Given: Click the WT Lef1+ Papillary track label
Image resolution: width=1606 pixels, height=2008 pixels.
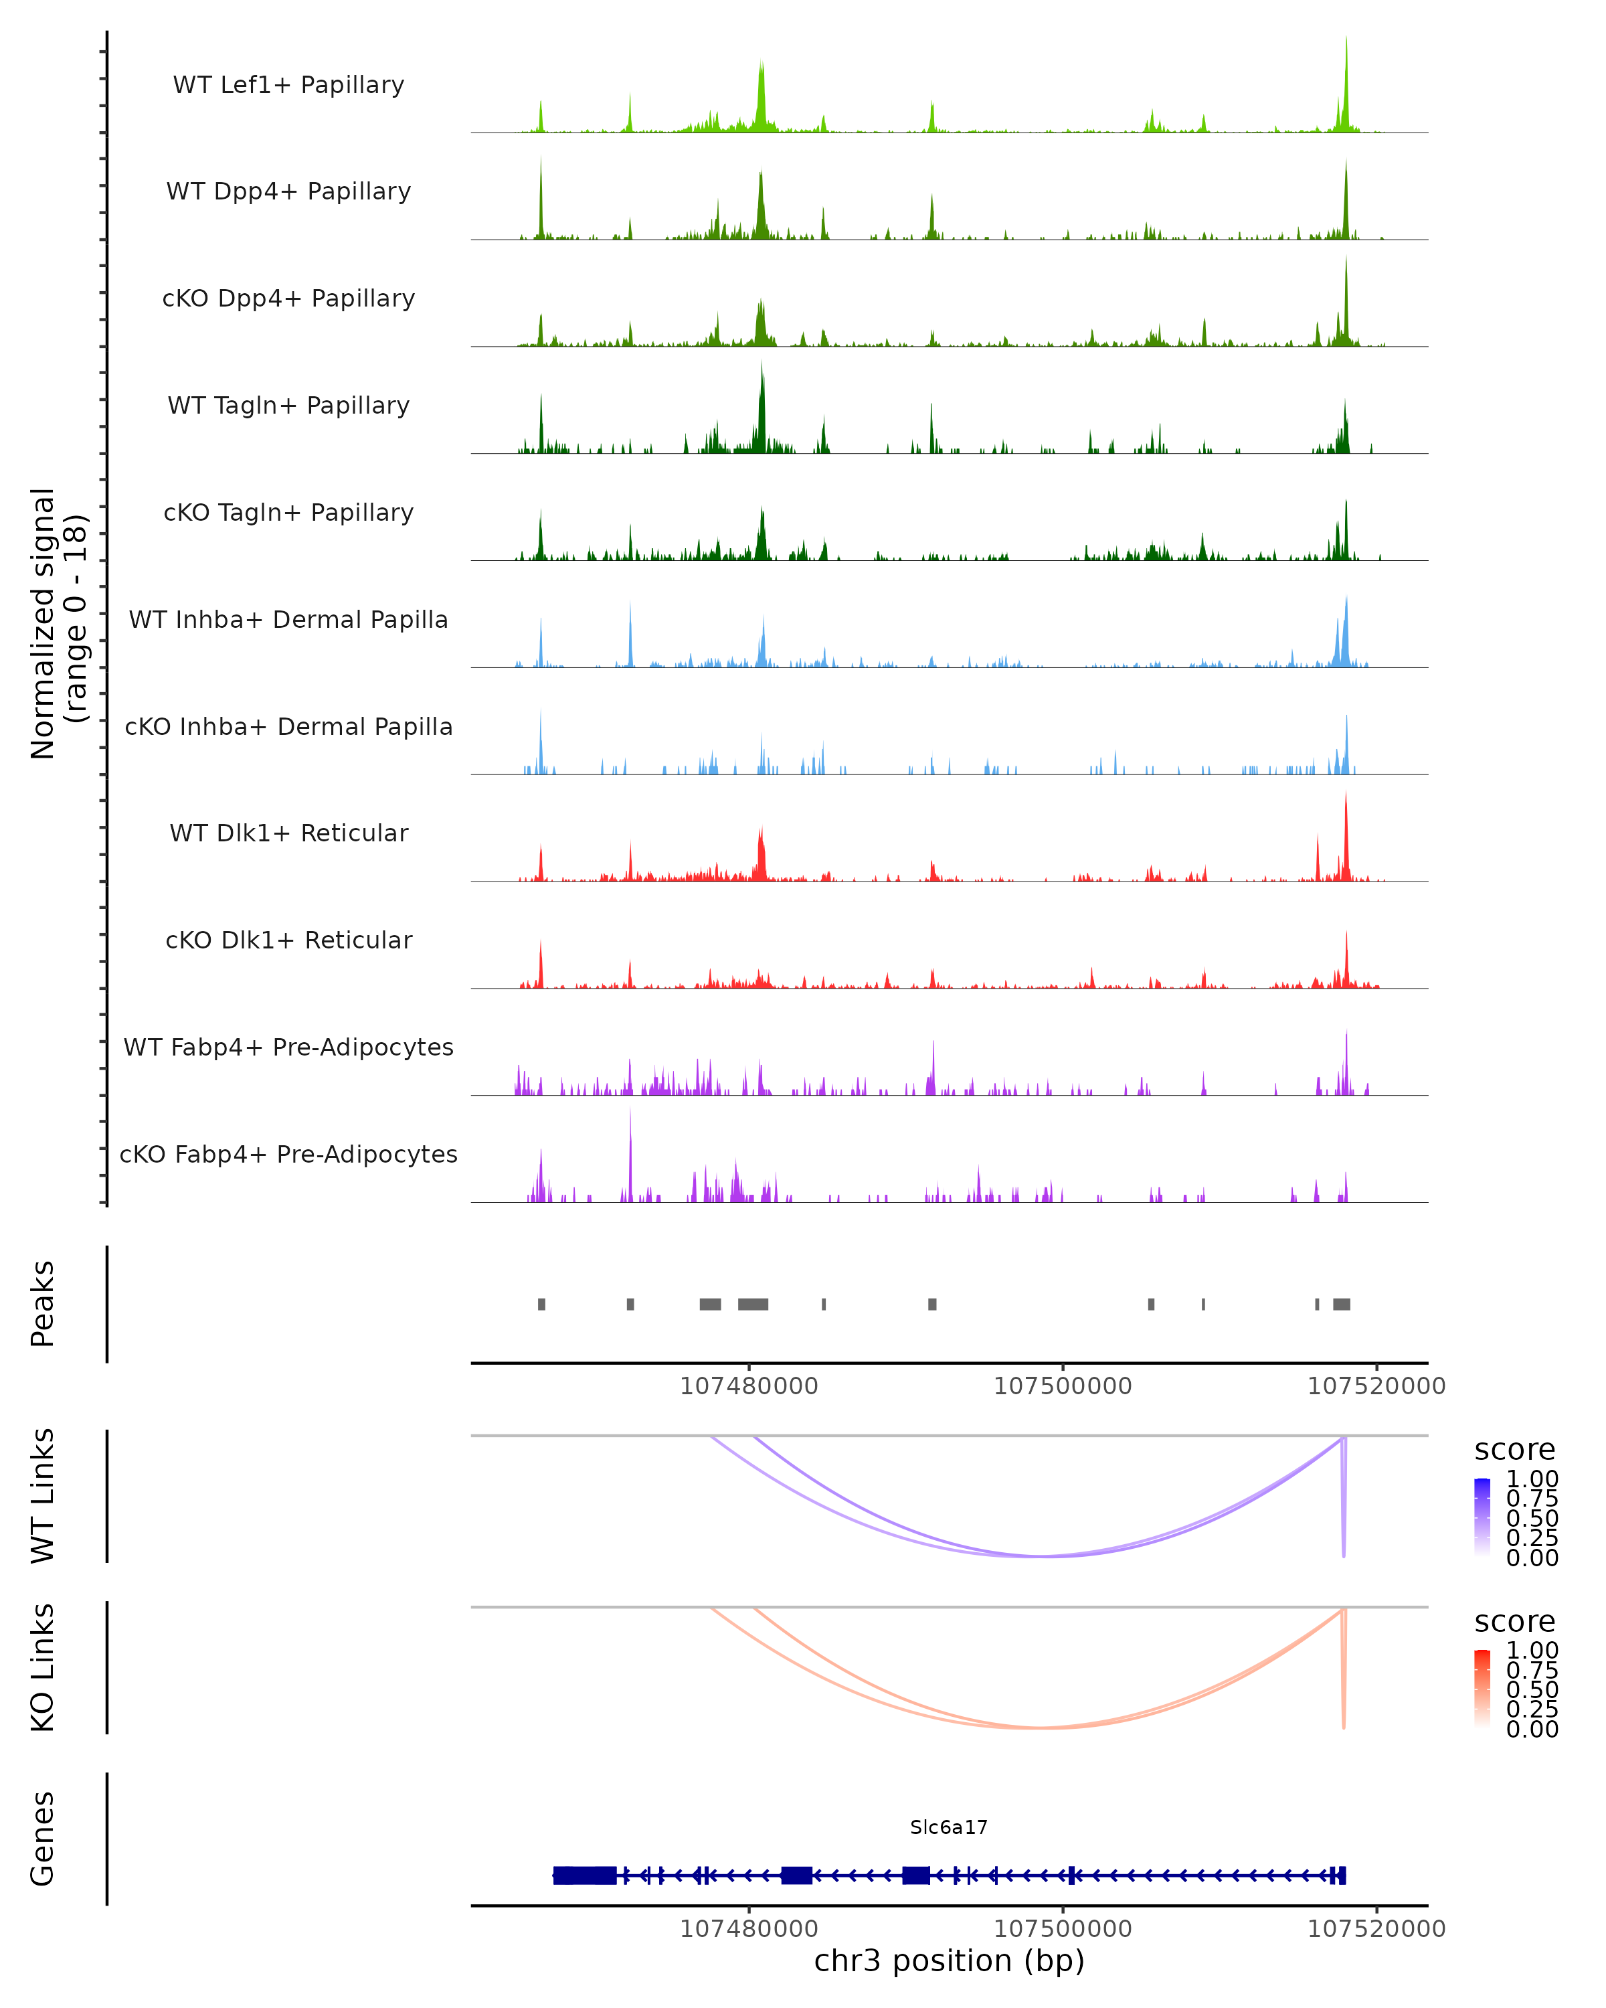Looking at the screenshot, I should [288, 85].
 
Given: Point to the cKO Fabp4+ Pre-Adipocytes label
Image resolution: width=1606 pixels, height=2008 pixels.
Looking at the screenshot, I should [288, 1154].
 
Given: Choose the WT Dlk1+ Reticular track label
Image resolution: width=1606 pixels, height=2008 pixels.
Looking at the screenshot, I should [288, 833].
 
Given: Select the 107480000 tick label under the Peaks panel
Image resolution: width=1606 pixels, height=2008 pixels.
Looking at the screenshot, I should [749, 1386].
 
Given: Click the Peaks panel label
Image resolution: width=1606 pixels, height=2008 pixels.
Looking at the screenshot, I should [43, 1304].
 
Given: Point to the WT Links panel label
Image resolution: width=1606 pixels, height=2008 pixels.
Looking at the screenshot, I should [43, 1496].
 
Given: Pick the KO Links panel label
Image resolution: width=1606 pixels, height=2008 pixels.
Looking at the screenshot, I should [43, 1667].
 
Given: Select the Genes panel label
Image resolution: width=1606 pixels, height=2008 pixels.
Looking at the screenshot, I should [43, 1839].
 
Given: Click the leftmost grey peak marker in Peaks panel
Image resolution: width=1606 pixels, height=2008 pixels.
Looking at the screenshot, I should [542, 1304].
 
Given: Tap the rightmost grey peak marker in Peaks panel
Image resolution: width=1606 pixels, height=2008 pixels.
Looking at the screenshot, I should [1342, 1304].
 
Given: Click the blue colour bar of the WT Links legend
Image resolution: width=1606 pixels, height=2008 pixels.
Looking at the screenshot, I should [1482, 1518].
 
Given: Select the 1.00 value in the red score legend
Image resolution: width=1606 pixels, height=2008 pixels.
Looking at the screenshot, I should [1532, 1649].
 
